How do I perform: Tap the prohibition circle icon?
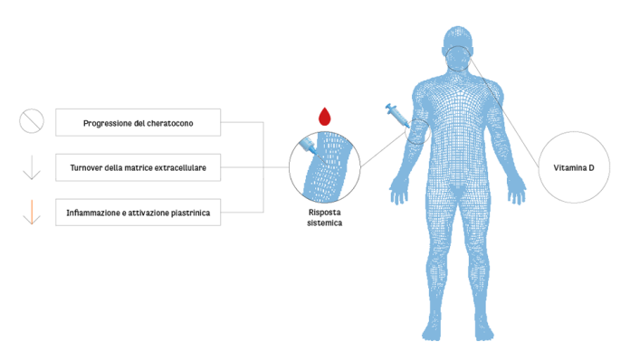[x=32, y=121]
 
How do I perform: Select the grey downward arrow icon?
[x=32, y=167]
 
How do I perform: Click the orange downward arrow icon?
[x=32, y=213]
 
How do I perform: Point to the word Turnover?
[x=87, y=167]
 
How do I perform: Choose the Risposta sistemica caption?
[x=324, y=214]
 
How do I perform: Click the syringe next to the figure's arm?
[x=396, y=115]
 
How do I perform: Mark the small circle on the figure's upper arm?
[x=417, y=132]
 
